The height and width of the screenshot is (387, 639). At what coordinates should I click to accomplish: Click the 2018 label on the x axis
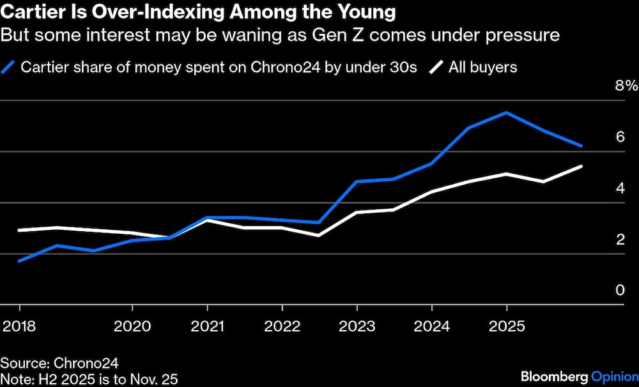coord(19,326)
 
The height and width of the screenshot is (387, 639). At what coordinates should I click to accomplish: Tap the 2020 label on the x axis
coord(132,326)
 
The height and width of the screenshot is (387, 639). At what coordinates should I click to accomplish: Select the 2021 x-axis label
coord(207,326)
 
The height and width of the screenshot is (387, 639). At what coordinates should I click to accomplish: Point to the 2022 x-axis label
coord(282,326)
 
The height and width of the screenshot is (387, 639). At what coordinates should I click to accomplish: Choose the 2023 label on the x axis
coord(357,326)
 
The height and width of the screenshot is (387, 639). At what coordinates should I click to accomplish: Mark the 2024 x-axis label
coord(431,326)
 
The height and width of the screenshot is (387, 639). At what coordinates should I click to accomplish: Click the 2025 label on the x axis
coord(506,326)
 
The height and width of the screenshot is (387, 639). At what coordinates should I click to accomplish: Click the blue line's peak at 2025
coord(506,113)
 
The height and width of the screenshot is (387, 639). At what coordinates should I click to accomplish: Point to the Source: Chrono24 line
coord(59,363)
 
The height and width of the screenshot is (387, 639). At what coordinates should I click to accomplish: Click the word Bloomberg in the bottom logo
coord(553,376)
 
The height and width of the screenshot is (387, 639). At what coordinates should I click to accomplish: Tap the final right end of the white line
coord(581,166)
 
